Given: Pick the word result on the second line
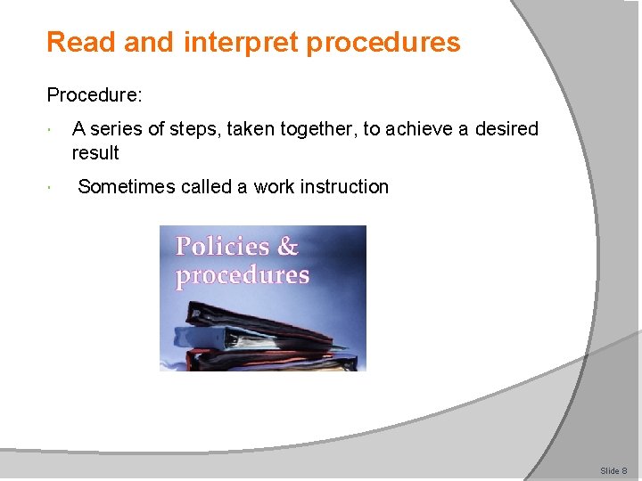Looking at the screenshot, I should point(95,153).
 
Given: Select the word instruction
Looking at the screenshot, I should point(344,187).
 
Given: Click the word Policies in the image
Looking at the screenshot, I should point(223,247).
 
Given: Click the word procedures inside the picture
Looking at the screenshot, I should point(243,275).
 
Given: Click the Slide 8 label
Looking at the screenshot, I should point(613,470).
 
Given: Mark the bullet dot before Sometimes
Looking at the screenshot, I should point(53,188).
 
